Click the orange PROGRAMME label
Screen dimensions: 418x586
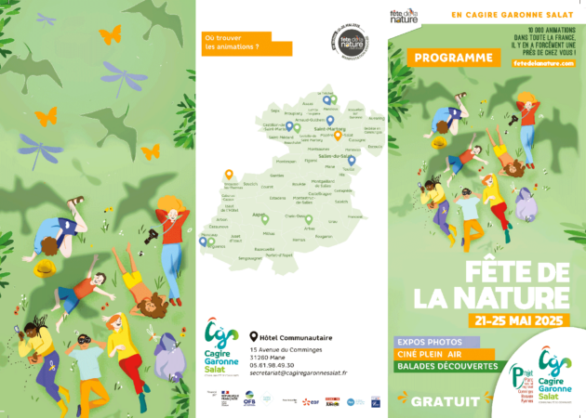tap(454, 58)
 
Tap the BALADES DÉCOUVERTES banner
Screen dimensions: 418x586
tap(449, 367)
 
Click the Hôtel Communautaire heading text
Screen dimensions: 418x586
tap(297, 337)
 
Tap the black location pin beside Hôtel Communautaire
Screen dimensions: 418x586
tap(253, 337)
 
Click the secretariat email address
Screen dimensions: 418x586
tap(298, 373)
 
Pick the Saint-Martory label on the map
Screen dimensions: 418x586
tap(330, 130)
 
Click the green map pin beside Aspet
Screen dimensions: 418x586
tap(264, 218)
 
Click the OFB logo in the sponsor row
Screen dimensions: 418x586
tap(250, 400)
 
